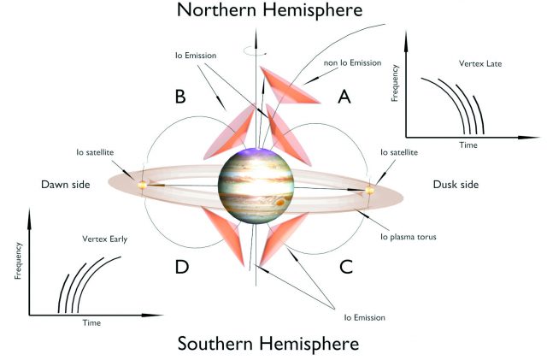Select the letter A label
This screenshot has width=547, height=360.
(x=344, y=97)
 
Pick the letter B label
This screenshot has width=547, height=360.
(x=180, y=97)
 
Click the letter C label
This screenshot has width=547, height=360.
(x=346, y=266)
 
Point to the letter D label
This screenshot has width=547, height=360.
(x=182, y=267)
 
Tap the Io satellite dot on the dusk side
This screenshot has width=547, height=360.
(x=370, y=189)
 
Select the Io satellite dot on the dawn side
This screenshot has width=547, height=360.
(x=144, y=182)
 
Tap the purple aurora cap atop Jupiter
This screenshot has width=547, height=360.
(x=256, y=153)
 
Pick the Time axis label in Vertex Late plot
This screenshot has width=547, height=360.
(x=468, y=145)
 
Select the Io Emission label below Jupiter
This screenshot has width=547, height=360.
(x=366, y=317)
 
